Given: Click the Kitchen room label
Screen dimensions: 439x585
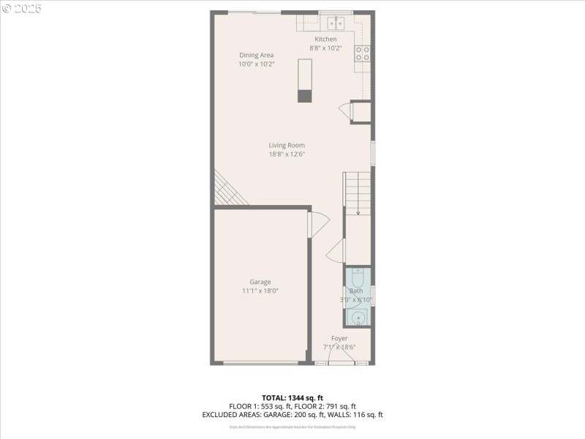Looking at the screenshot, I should point(325,39).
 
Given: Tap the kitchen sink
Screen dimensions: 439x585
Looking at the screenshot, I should point(336,22).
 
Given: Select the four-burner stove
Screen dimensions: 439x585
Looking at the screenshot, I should point(363,53).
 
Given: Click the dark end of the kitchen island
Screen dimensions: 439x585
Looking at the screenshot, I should point(305,95).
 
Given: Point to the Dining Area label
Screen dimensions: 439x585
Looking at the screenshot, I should point(256,55).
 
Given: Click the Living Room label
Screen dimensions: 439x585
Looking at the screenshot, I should point(287,145).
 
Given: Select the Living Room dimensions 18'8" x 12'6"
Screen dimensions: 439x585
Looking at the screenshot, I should point(287,154).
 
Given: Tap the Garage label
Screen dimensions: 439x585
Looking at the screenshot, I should point(260,282).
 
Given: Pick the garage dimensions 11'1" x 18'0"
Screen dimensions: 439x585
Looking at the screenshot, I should point(260,290).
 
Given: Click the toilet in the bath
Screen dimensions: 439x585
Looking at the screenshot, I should point(358,278).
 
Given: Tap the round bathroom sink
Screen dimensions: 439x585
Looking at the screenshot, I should point(358,318).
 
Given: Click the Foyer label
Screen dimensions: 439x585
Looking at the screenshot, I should point(339,338).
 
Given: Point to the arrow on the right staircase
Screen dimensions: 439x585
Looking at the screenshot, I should point(358,211).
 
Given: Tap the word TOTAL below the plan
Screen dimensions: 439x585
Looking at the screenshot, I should point(276,397).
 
